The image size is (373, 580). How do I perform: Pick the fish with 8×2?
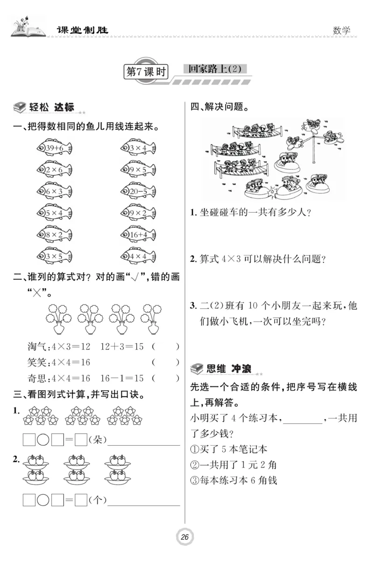(55, 235)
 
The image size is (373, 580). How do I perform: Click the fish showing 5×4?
(55, 213)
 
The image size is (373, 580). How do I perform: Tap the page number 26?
(185, 537)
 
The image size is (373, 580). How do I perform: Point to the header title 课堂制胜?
(82, 30)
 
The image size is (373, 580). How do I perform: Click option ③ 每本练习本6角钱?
(234, 480)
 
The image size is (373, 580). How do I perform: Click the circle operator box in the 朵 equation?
(43, 439)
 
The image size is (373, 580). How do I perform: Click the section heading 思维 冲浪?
(228, 369)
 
